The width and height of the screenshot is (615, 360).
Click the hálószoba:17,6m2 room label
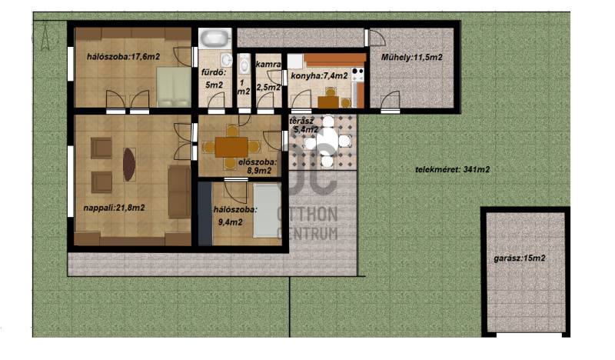point(123,57)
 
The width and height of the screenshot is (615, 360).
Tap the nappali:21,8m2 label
point(114,208)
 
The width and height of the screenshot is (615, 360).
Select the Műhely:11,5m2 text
point(412,58)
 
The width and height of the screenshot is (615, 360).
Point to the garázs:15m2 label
point(520,258)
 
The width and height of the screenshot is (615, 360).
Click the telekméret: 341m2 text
point(452,169)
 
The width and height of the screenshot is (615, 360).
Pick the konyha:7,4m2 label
point(319,75)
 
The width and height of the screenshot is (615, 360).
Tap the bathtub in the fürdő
point(215,38)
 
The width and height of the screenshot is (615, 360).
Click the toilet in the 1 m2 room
point(244,64)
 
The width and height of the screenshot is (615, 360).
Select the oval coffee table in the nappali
point(129,164)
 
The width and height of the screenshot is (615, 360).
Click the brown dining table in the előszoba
point(231,147)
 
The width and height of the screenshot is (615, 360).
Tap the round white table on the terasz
point(327,140)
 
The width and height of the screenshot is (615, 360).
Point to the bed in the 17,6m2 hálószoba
point(174,87)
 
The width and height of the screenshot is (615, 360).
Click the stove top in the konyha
point(358,75)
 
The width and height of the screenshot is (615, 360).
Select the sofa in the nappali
point(179,192)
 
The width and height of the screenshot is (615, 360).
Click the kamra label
point(268,64)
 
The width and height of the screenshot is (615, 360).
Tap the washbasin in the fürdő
point(226,60)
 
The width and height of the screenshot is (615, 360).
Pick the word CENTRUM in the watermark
point(307,233)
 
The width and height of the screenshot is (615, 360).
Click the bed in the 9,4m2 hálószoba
point(267,211)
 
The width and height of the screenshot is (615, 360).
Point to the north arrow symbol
point(45,37)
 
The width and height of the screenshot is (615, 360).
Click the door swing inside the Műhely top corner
point(377,37)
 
